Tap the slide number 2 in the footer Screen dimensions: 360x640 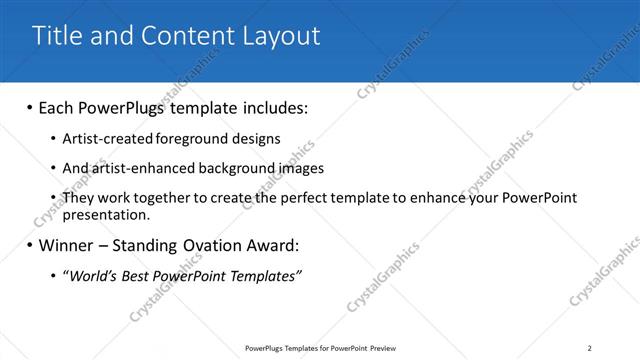click(589, 348)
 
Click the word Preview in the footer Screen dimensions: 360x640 click(377, 348)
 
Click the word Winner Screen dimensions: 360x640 click(67, 245)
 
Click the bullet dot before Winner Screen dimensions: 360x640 click(29, 245)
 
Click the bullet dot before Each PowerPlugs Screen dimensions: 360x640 click(29, 106)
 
